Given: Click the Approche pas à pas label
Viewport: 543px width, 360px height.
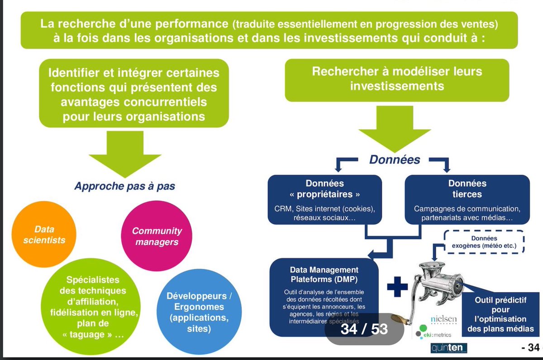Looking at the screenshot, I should pos(125,186).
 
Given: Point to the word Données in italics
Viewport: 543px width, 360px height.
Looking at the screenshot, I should pos(395,159).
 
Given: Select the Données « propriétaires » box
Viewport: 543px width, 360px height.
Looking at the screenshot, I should pos(324,200).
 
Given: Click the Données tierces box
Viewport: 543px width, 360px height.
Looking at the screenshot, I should pos(467,200).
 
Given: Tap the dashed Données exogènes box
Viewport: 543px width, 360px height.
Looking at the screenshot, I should pos(484,242).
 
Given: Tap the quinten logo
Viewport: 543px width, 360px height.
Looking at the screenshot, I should pos(448,348).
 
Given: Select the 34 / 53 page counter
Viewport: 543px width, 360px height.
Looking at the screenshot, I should pos(364,328).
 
